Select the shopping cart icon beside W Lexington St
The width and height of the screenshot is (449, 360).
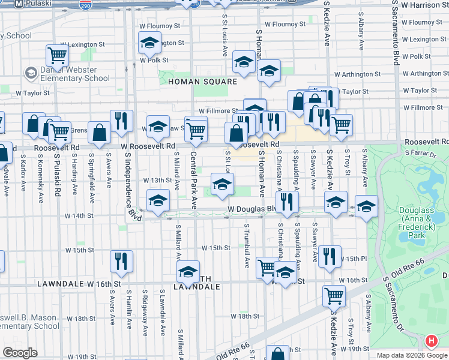pyautogui.click(x=57, y=55)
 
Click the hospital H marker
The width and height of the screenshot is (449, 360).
pyautogui.click(x=431, y=342)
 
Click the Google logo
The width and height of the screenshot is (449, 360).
pyautogui.click(x=20, y=353)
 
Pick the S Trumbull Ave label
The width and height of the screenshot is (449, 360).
pyautogui.click(x=247, y=245)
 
